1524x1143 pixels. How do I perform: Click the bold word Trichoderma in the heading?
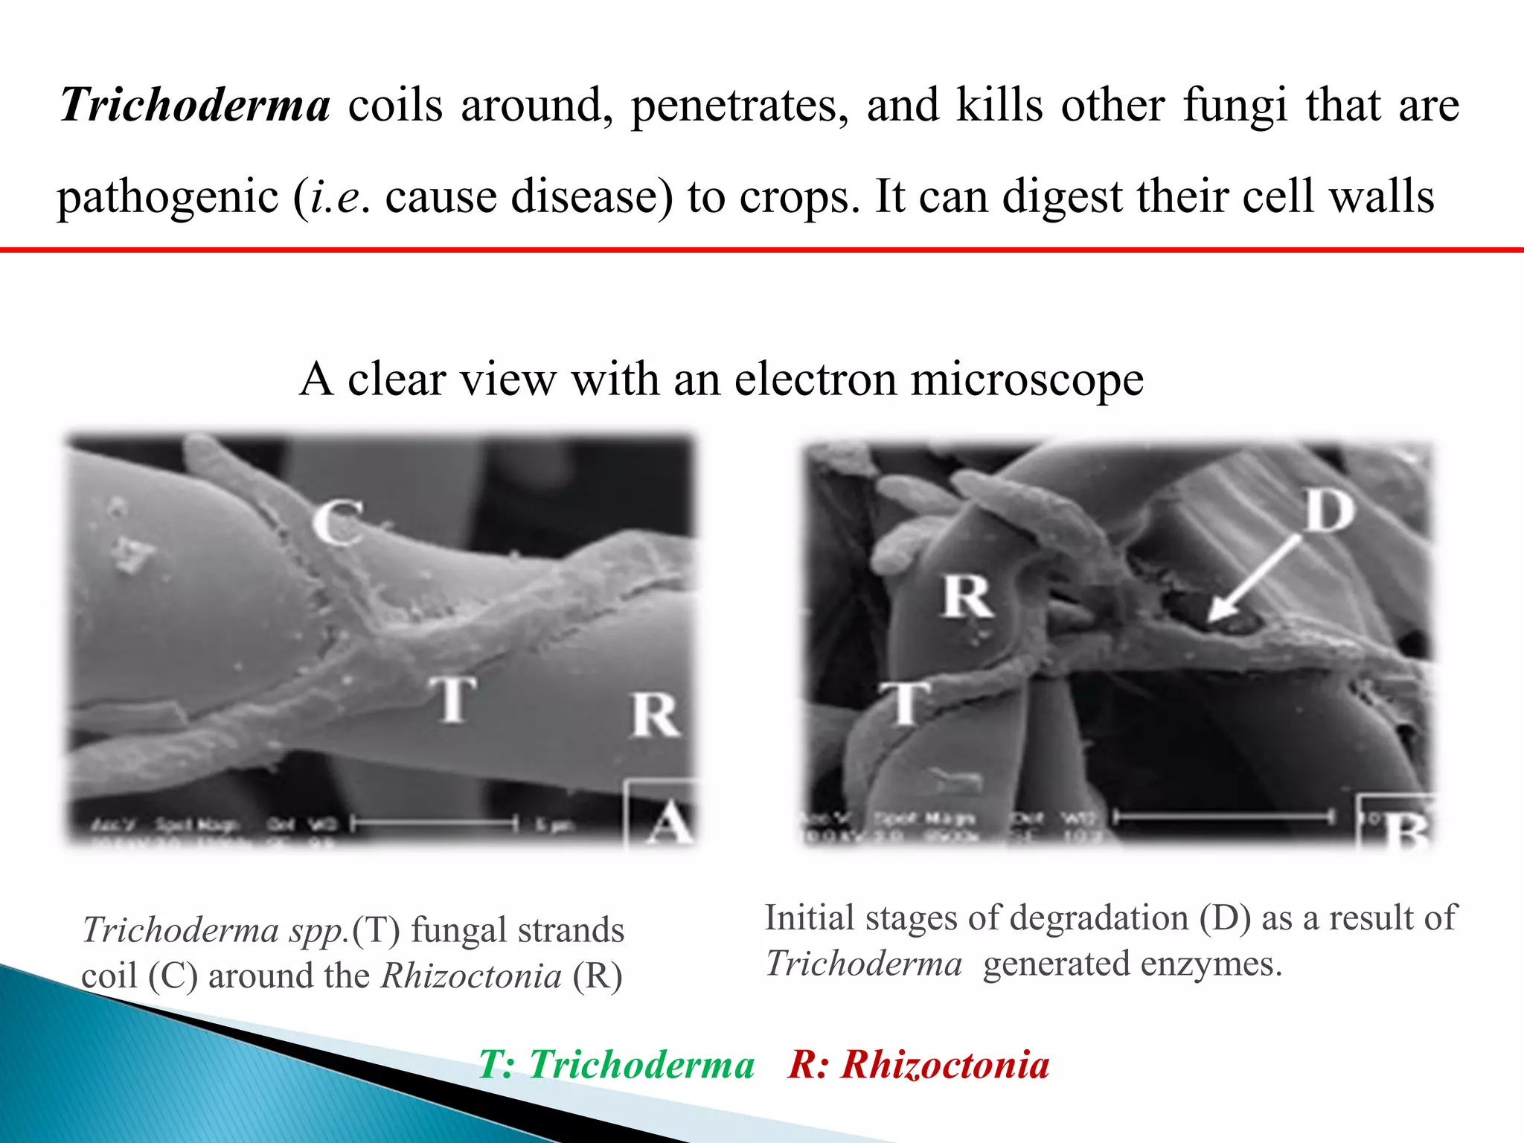pyautogui.click(x=195, y=105)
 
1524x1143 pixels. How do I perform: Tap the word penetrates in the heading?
pyautogui.click(x=740, y=105)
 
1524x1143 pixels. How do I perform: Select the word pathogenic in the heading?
pyautogui.click(x=167, y=196)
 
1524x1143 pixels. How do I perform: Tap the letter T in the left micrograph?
pyautogui.click(x=452, y=699)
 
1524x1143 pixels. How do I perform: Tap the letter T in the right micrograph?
pyautogui.click(x=905, y=702)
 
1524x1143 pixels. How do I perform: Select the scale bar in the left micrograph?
pyautogui.click(x=435, y=823)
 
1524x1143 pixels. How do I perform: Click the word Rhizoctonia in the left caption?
pyautogui.click(x=471, y=976)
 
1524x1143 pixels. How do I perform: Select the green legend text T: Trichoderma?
pyautogui.click(x=616, y=1064)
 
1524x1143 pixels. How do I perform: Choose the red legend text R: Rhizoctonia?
pyautogui.click(x=919, y=1064)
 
